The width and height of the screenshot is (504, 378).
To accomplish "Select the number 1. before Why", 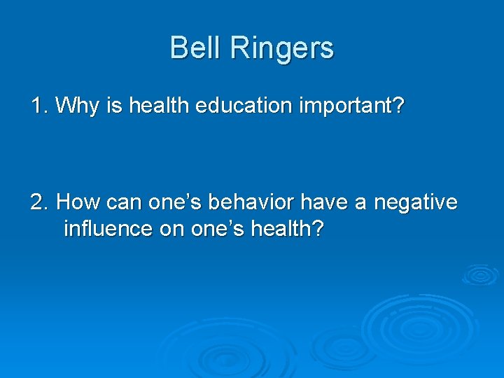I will coord(39,106).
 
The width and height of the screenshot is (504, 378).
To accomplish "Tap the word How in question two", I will coord(76,202).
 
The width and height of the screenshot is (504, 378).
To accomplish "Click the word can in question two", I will coord(118,203).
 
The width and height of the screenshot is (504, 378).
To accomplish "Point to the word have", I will coord(321,202).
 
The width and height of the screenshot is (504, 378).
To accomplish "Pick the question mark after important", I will coord(399,106).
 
